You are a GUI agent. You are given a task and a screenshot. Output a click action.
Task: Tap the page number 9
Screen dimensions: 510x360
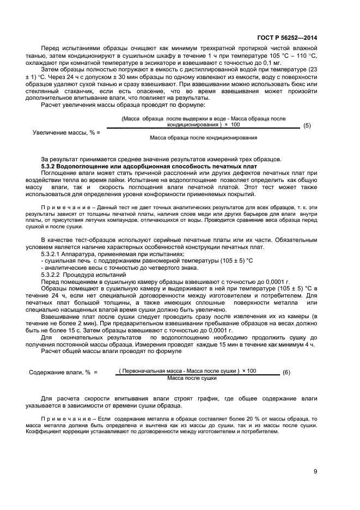315,472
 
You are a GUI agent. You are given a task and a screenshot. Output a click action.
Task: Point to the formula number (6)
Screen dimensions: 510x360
286,373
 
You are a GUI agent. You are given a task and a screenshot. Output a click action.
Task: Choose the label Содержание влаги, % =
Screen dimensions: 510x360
63,373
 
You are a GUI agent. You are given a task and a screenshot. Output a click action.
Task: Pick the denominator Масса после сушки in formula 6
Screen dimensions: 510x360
192,378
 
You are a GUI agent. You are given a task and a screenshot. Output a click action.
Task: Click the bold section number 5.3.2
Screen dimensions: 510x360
51,165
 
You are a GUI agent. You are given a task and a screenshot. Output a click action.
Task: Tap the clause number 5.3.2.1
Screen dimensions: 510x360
53,254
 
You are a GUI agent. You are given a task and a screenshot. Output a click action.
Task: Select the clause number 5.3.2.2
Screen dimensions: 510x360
53,275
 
